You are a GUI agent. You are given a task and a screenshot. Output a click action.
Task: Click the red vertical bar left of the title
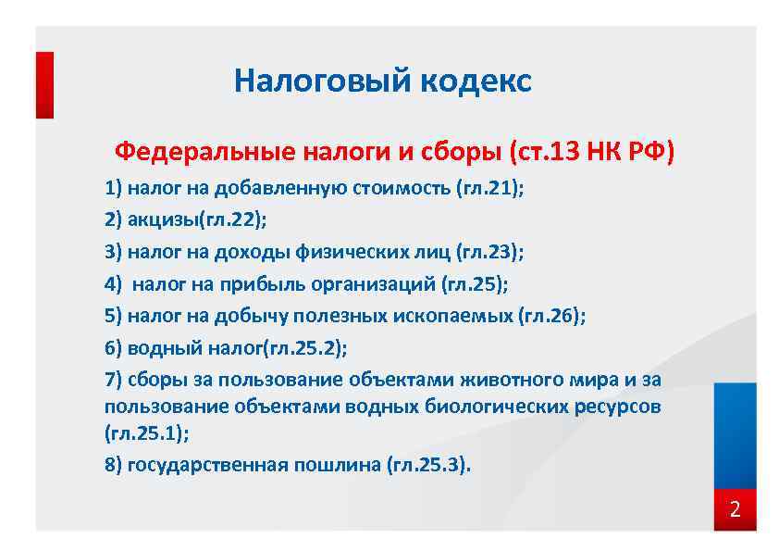pyautogui.click(x=44, y=84)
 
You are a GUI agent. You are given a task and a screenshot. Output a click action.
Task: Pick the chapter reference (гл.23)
pyautogui.click(x=489, y=252)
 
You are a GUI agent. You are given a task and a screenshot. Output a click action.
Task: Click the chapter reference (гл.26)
pyautogui.click(x=551, y=316)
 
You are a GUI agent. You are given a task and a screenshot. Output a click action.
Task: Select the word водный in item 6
pyautogui.click(x=157, y=348)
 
